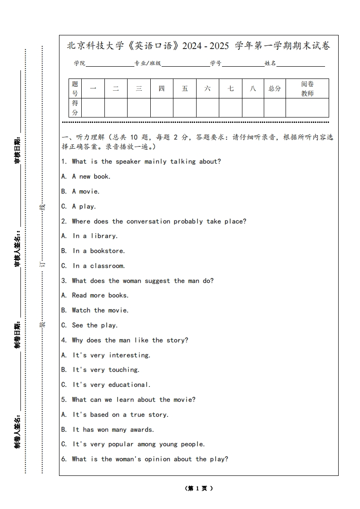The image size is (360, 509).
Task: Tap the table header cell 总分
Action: point(275,88)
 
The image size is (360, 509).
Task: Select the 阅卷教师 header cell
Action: point(307,88)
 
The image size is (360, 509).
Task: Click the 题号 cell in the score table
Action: point(75,88)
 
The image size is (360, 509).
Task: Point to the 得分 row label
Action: point(75,108)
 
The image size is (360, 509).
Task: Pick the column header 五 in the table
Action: point(185,88)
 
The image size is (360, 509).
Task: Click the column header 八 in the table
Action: point(253,88)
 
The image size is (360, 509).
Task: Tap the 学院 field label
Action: point(80,64)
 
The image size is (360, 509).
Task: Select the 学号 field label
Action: point(216,64)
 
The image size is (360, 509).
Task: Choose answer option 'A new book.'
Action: point(91,176)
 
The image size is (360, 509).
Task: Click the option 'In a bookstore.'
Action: point(99,251)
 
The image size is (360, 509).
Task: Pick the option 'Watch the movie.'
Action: point(100,310)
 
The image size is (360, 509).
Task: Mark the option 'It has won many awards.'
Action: point(113,429)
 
